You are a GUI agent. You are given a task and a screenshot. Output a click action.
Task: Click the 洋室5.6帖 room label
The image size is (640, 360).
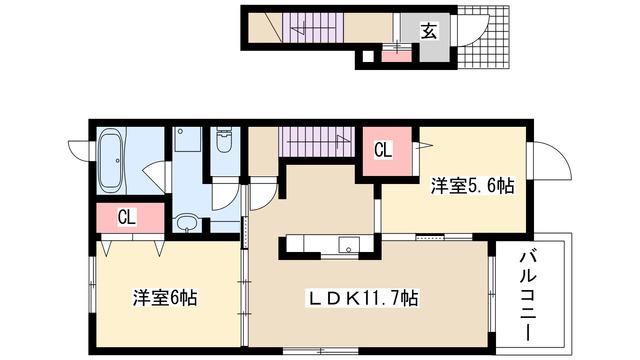pyautogui.click(x=473, y=186)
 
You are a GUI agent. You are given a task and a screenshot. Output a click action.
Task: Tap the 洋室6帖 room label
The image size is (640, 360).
pyautogui.click(x=166, y=297)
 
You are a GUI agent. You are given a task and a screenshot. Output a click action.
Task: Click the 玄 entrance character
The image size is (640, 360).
pyautogui.click(x=427, y=30)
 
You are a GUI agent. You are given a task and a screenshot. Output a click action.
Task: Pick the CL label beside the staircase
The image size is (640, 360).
pyautogui.click(x=382, y=152)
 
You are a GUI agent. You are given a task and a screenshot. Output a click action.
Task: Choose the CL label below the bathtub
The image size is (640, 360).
pyautogui.click(x=125, y=215)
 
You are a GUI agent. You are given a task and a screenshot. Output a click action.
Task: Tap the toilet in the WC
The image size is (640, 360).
pyautogui.click(x=224, y=149)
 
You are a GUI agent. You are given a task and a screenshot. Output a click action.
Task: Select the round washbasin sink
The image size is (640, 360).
pyautogui.click(x=186, y=221)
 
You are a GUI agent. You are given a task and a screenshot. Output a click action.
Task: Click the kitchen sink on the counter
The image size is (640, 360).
pyautogui.click(x=348, y=243)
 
